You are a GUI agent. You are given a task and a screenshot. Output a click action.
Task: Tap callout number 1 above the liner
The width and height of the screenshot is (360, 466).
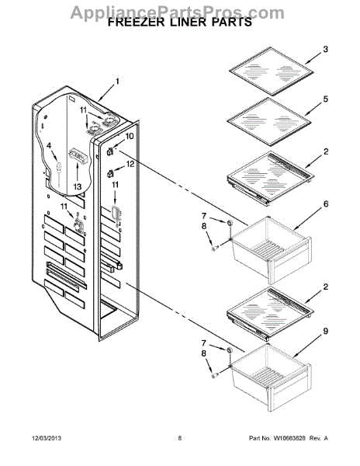(117, 81)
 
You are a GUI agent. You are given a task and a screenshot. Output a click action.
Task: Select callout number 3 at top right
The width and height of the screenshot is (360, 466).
(326, 49)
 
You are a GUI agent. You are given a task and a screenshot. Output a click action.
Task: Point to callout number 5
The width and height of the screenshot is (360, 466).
(326, 99)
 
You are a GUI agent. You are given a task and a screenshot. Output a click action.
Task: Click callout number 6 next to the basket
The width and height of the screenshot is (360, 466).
(326, 203)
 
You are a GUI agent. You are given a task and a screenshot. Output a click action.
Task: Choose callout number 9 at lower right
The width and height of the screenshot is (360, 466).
(326, 332)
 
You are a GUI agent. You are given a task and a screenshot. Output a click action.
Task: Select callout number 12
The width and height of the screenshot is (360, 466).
(130, 164)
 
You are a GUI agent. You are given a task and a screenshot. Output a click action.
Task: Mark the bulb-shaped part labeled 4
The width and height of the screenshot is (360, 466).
(57, 167)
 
